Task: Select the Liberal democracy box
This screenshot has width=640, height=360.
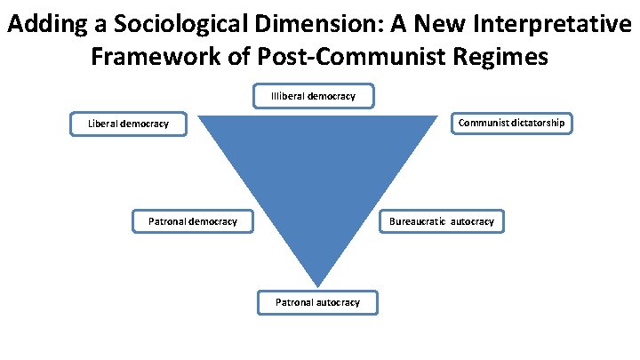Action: click(x=129, y=124)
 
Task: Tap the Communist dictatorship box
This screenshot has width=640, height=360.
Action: click(x=511, y=123)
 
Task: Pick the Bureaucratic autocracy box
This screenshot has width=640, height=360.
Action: click(x=442, y=220)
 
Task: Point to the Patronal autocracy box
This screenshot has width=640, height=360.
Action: click(x=317, y=302)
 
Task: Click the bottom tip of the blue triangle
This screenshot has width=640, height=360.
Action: click(x=317, y=285)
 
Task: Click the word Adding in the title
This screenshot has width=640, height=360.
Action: click(x=48, y=25)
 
